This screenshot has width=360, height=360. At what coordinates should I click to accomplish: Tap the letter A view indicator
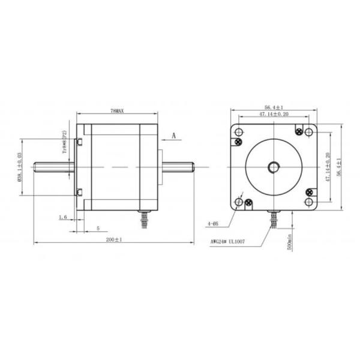[x=173, y=136]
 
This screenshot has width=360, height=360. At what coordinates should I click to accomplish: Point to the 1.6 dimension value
[x=62, y=217]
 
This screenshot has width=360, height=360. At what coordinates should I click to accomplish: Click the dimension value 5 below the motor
[x=98, y=228]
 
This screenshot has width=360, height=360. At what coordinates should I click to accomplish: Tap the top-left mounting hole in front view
[x=239, y=131]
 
